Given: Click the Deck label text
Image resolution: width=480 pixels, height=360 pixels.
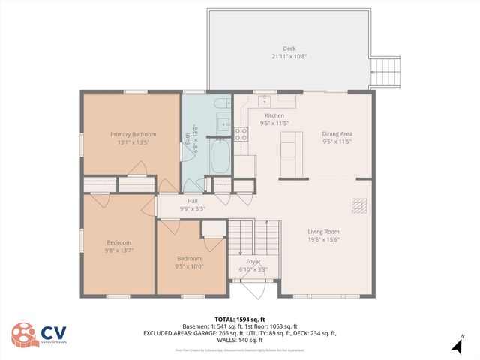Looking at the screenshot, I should [289, 49].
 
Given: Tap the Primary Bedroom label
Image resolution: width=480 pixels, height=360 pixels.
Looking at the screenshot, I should [133, 134].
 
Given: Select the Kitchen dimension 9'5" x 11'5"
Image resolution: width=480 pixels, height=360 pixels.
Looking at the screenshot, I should [274, 123].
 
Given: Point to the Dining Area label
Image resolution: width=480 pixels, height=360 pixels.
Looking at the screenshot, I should [337, 134].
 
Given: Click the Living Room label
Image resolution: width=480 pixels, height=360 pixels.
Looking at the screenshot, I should [323, 232].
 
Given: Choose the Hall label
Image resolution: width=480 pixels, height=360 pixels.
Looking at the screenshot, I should [192, 201].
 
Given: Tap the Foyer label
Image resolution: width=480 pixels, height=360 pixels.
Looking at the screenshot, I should [253, 262].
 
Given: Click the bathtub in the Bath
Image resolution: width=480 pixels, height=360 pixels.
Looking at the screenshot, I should [221, 157].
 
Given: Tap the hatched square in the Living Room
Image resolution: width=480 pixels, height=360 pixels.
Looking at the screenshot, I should [358, 205].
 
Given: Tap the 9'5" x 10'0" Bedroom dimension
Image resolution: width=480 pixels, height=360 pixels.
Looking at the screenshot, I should [189, 265].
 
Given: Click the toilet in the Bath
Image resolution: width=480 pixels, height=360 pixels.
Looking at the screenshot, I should [221, 104].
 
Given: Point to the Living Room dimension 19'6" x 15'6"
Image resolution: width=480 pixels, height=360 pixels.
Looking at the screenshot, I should [323, 240].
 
